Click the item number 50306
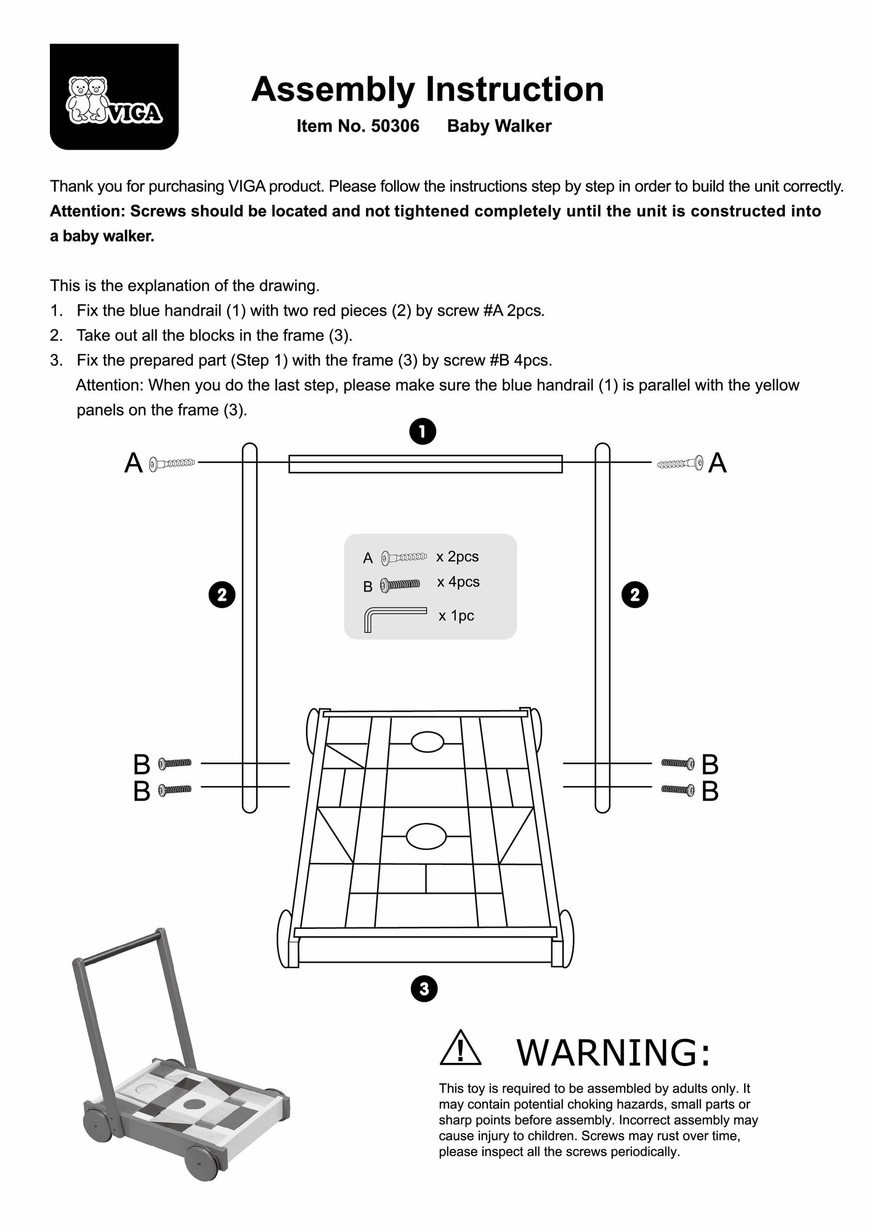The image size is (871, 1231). pyautogui.click(x=394, y=126)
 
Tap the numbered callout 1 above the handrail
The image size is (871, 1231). pyautogui.click(x=423, y=431)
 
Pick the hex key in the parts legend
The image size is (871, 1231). pyautogui.click(x=394, y=617)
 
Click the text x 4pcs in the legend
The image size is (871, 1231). pyautogui.click(x=458, y=582)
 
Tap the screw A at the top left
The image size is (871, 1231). pyautogui.click(x=172, y=462)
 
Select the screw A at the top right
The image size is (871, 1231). pyautogui.click(x=680, y=462)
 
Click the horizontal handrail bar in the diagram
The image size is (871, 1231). pyautogui.click(x=426, y=464)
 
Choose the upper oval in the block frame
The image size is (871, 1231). pyautogui.click(x=427, y=742)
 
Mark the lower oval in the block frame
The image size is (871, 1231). pyautogui.click(x=426, y=836)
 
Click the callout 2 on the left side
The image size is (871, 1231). pyautogui.click(x=222, y=595)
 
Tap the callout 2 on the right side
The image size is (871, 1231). pyautogui.click(x=635, y=595)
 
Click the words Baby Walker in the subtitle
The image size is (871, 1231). pyautogui.click(x=499, y=126)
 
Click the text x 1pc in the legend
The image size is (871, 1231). pyautogui.click(x=456, y=616)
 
